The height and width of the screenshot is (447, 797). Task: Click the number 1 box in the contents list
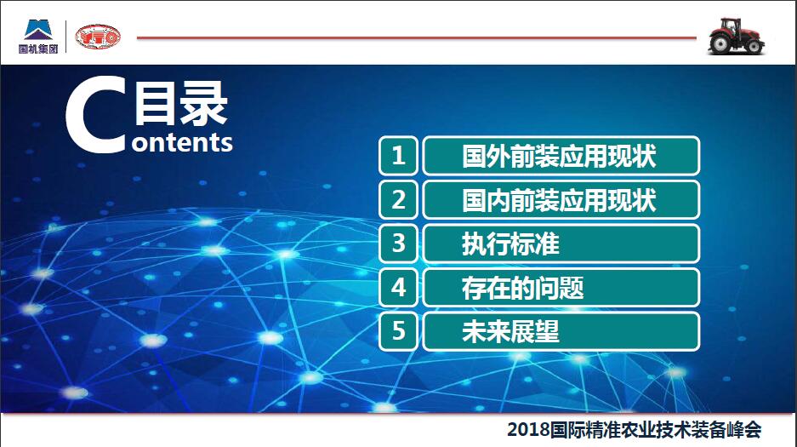tap(398, 156)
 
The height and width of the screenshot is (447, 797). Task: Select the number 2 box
tap(398, 199)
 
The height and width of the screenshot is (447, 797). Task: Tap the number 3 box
tap(398, 244)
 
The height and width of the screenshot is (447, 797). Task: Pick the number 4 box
tap(398, 287)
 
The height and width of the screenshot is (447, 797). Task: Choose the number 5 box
tap(398, 331)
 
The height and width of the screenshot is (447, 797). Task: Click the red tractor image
tap(736, 36)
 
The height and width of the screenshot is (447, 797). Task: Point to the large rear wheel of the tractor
tap(720, 43)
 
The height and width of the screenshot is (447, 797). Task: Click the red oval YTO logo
tap(98, 37)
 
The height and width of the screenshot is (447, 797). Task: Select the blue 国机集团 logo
tap(38, 36)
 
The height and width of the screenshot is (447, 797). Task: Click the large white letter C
tap(95, 114)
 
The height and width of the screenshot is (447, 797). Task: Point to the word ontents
tap(182, 142)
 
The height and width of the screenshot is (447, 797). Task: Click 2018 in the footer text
tap(528, 430)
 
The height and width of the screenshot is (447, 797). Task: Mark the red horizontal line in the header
tap(416, 37)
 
